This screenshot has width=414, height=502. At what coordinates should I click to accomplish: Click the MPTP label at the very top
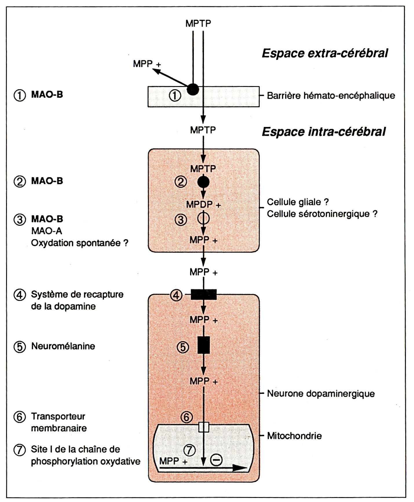point(198,23)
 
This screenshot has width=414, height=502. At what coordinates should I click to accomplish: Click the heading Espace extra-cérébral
point(325,53)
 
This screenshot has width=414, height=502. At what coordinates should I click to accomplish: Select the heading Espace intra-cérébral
point(324,132)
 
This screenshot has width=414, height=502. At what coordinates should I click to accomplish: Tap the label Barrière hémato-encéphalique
point(331,96)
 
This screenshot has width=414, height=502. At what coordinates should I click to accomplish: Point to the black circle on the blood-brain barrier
point(193,89)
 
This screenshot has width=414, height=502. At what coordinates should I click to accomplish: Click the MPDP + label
point(203,205)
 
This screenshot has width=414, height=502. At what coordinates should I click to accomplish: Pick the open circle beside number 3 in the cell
point(203,218)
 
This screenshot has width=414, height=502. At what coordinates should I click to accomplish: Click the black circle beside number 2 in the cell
point(203,182)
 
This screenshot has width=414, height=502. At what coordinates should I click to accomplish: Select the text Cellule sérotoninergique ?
point(322,214)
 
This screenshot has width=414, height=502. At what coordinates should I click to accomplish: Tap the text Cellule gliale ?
point(298,202)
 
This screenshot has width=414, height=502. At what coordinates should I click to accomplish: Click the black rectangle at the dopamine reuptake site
point(204,294)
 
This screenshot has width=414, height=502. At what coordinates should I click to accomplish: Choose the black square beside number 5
point(204,345)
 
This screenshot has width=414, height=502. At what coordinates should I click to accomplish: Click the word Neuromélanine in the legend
point(63,346)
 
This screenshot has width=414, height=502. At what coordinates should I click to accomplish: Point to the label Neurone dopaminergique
point(321,394)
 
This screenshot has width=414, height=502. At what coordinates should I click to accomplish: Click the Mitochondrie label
point(294,436)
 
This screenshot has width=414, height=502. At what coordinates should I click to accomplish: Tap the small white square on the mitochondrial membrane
point(204,427)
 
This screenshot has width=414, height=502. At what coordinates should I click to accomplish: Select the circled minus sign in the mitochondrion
point(216,460)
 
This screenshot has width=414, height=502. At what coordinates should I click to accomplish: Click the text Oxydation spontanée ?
point(80,243)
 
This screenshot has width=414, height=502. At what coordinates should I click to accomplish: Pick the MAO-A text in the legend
point(47,231)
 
